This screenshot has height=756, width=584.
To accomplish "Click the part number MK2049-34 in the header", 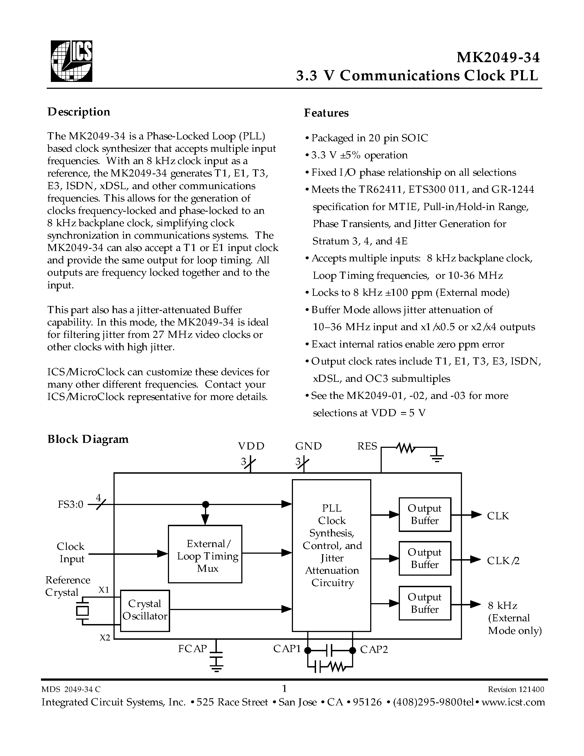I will point(498,57).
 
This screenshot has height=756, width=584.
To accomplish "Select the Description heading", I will point(79,112).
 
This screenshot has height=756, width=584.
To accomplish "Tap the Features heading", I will point(326,113).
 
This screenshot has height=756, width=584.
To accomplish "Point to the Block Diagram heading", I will point(88,439).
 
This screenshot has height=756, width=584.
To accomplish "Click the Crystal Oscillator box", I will point(145,611).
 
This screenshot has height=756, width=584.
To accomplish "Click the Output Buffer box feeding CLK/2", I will point(425,558).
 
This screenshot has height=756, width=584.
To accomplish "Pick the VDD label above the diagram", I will point(251,446).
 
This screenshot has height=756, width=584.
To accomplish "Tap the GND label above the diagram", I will point(308,446).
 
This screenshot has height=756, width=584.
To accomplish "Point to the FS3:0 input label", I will point(71,504).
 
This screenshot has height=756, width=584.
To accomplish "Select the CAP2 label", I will point(374,649).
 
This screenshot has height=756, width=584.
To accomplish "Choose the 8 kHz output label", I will point(502,606).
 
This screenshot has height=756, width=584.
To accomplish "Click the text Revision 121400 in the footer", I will point(516,689).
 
